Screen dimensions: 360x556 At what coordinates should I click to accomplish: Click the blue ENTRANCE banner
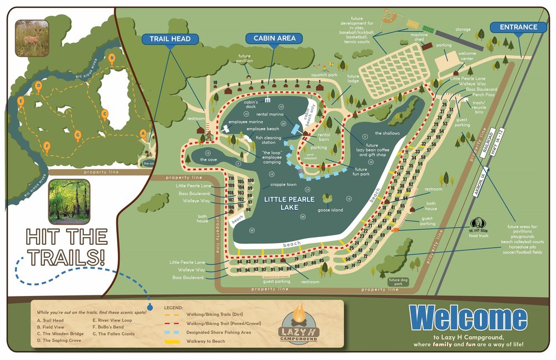(x=518, y=27)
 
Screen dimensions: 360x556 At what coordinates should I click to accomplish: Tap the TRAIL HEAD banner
(x=170, y=39)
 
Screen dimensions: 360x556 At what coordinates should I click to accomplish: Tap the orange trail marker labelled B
(x=111, y=57)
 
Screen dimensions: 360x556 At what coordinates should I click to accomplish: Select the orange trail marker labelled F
(x=47, y=146)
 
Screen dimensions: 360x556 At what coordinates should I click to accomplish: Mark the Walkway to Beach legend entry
(x=207, y=341)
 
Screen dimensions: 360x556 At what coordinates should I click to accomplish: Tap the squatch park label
(x=324, y=75)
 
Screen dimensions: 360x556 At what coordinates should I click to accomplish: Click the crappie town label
(x=284, y=185)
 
